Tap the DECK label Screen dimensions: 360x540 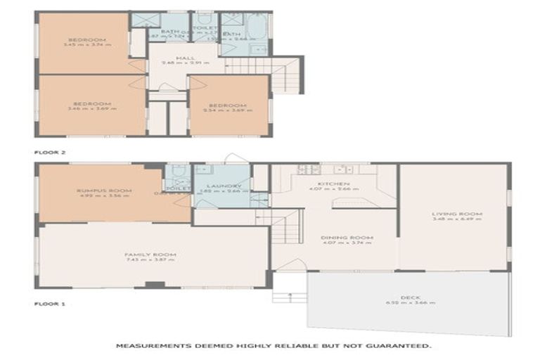[410, 297]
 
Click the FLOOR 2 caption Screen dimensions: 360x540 [49, 151]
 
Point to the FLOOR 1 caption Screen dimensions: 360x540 [49, 304]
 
